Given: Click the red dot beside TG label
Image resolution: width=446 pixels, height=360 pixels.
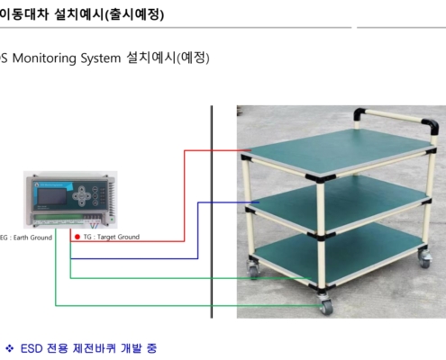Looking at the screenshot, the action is pyautogui.click(x=77, y=237).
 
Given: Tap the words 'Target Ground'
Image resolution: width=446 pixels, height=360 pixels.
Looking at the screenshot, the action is pyautogui.click(x=118, y=237).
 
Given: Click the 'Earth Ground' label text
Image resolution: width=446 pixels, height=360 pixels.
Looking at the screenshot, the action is pyautogui.click(x=32, y=238).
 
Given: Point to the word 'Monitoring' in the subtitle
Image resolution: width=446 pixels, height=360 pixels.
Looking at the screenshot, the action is pyautogui.click(x=44, y=58).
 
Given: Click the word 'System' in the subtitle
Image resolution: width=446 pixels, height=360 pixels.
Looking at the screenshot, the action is pyautogui.click(x=101, y=58).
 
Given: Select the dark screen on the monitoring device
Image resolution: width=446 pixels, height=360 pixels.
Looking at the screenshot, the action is pyautogui.click(x=52, y=196).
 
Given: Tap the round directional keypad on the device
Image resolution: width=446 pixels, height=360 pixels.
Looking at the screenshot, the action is pyautogui.click(x=82, y=196).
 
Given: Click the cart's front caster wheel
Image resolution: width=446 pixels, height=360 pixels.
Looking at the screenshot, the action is pyautogui.click(x=325, y=305).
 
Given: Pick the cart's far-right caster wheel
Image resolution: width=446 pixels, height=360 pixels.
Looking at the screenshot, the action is pyautogui.click(x=424, y=259).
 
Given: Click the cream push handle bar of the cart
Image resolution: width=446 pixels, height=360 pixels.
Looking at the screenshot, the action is pyautogui.click(x=394, y=117).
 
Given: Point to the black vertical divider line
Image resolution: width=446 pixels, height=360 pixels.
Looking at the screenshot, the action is pyautogui.click(x=212, y=211).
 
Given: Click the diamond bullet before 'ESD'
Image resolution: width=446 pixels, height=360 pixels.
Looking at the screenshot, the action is pyautogui.click(x=9, y=348).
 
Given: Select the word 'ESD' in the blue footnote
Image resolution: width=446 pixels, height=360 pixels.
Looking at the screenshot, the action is pyautogui.click(x=32, y=348).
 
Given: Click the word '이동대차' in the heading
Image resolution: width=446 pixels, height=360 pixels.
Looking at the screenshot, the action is pyautogui.click(x=24, y=13).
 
